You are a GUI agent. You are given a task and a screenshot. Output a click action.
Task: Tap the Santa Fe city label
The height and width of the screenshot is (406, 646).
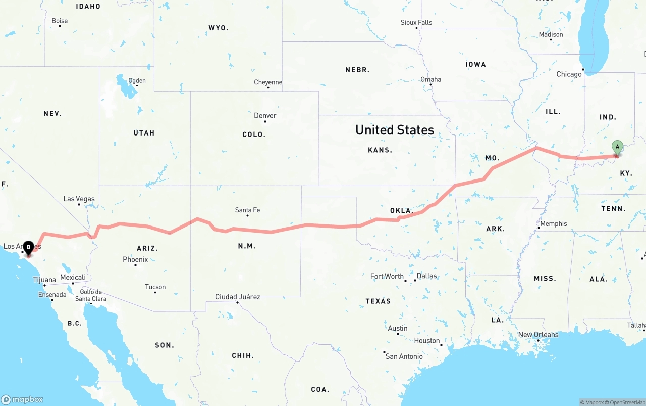point(248,210)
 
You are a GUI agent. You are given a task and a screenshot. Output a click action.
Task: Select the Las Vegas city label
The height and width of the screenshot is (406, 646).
point(79,199)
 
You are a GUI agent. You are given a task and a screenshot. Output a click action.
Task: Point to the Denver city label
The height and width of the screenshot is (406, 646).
point(265,116)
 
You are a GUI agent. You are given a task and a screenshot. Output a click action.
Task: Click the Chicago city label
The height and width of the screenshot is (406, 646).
point(569,74)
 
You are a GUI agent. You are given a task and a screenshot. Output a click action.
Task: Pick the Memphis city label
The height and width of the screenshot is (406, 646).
point(553,223)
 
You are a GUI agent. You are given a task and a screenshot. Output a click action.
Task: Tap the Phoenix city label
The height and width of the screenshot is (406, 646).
point(135,259)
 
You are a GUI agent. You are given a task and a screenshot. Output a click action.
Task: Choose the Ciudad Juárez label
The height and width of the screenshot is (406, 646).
point(237,297)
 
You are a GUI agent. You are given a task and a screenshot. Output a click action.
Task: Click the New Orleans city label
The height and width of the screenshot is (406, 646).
point(538,335)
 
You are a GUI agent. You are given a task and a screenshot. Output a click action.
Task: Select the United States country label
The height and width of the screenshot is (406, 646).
point(395,130)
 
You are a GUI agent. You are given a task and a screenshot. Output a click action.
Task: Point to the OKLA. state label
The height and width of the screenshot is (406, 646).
point(402,210)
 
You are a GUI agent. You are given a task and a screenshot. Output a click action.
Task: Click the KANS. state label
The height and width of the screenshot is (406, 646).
point(380,150)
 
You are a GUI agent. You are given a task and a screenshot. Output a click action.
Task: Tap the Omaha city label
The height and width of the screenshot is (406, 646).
point(430,79)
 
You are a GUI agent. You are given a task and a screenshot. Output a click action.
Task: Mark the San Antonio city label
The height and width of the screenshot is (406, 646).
point(404,356)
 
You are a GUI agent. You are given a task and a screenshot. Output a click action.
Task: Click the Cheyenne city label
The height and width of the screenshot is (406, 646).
point(268,82)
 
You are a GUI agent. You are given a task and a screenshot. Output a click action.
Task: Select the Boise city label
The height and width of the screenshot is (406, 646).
point(60,21)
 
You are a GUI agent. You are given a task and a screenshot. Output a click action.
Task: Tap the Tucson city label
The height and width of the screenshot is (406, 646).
point(155,287)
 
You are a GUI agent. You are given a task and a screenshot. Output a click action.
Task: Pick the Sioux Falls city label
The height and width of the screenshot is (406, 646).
point(416,23)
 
